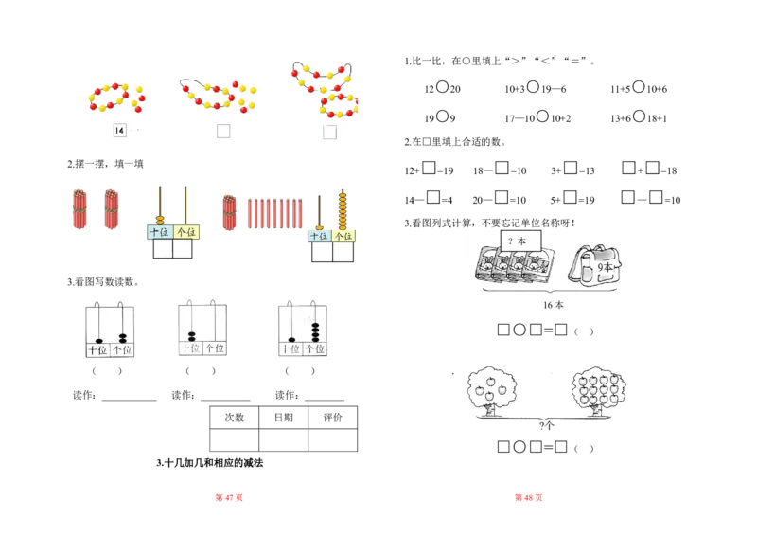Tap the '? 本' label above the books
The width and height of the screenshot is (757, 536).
[518, 241]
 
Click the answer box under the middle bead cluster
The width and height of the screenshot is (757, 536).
[222, 134]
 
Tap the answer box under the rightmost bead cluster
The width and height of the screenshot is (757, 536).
[328, 134]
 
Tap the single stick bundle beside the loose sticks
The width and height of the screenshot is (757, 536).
[228, 212]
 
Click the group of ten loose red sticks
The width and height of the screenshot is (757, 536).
[275, 212]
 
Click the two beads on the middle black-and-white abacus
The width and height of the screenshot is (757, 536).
[192, 334]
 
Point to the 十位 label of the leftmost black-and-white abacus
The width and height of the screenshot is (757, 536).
[97, 350]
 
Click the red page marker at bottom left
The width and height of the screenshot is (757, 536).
[230, 498]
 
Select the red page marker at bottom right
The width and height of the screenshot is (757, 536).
[528, 498]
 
